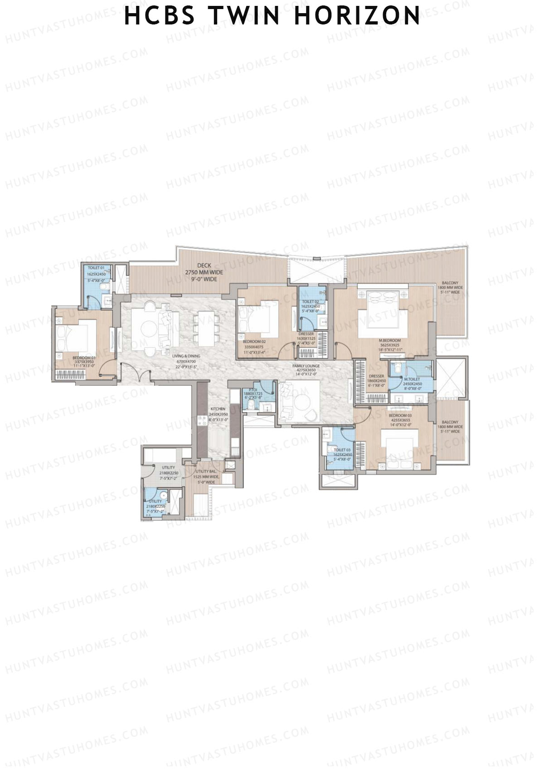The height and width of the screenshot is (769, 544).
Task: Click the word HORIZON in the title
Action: pyautogui.click(x=358, y=15)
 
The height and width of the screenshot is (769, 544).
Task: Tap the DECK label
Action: pyautogui.click(x=204, y=266)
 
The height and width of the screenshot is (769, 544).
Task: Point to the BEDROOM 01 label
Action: pyautogui.click(x=84, y=358)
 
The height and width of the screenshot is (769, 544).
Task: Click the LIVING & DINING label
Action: pyautogui.click(x=186, y=356)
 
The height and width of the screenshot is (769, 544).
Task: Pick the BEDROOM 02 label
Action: pyautogui.click(x=254, y=341)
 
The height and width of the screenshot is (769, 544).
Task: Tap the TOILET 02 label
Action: pyautogui.click(x=311, y=301)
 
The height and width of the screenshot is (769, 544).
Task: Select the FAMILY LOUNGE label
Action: pyautogui.click(x=306, y=366)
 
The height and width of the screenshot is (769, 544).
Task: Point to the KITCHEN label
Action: pyautogui.click(x=218, y=409)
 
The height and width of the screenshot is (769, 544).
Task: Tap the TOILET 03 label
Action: pyautogui.click(x=342, y=450)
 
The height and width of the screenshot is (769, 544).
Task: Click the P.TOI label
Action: pyautogui.click(x=250, y=390)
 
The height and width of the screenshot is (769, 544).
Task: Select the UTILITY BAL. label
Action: pyautogui.click(x=206, y=472)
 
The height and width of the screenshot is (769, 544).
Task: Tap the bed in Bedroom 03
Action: pyautogui.click(x=399, y=446)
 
